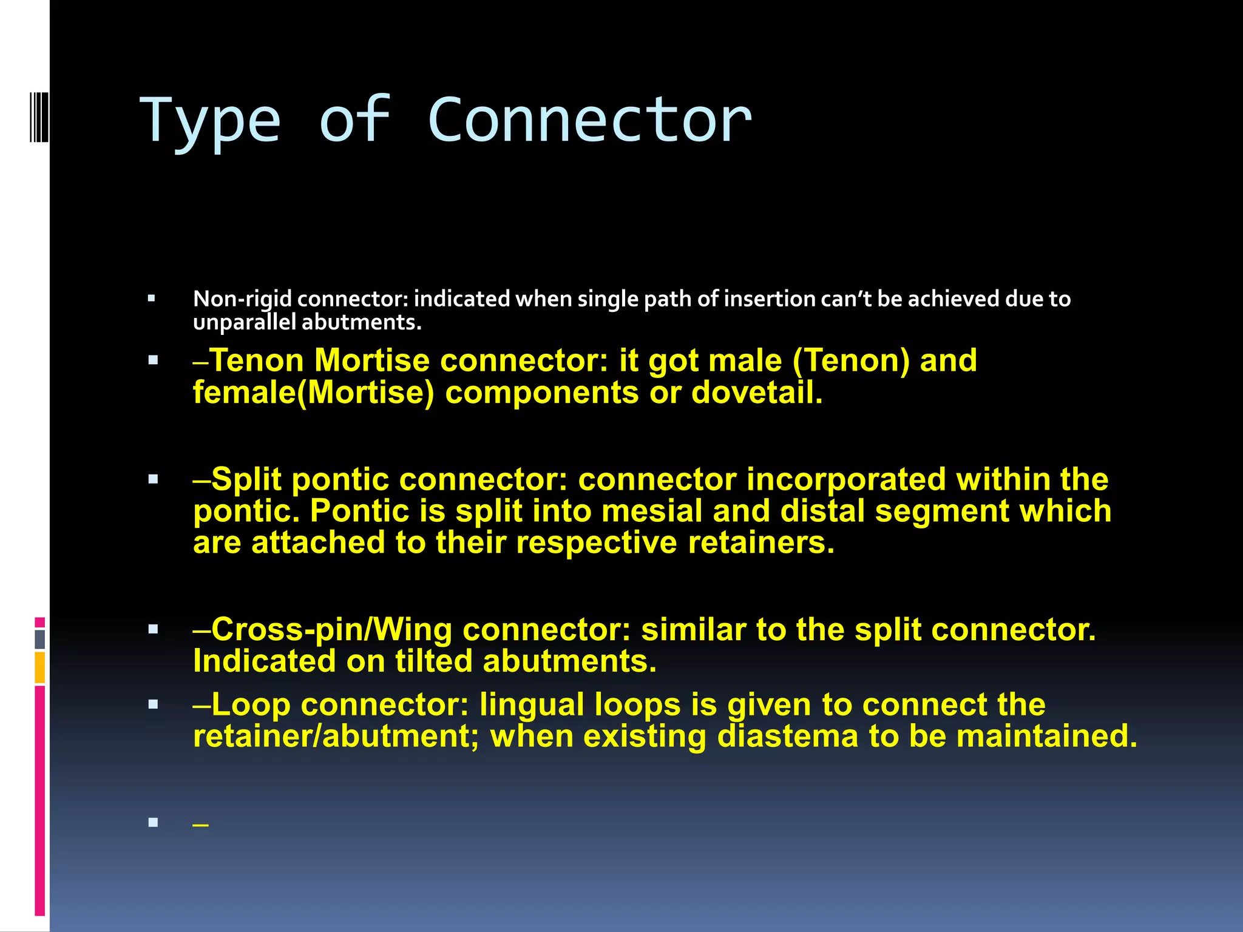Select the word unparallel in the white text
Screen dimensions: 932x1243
tap(244, 322)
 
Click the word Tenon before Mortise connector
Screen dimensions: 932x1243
tap(257, 360)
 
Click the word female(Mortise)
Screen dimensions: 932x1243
tap(313, 393)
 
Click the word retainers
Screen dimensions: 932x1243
tap(761, 542)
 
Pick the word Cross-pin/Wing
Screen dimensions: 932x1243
tap(331, 629)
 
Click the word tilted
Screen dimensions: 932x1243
tap(433, 661)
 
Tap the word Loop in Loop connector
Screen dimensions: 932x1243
tap(251, 704)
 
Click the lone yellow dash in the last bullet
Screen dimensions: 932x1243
tap(200, 825)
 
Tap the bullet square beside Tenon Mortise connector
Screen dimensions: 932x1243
tap(153, 360)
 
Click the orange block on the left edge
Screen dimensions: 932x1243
tap(40, 667)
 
